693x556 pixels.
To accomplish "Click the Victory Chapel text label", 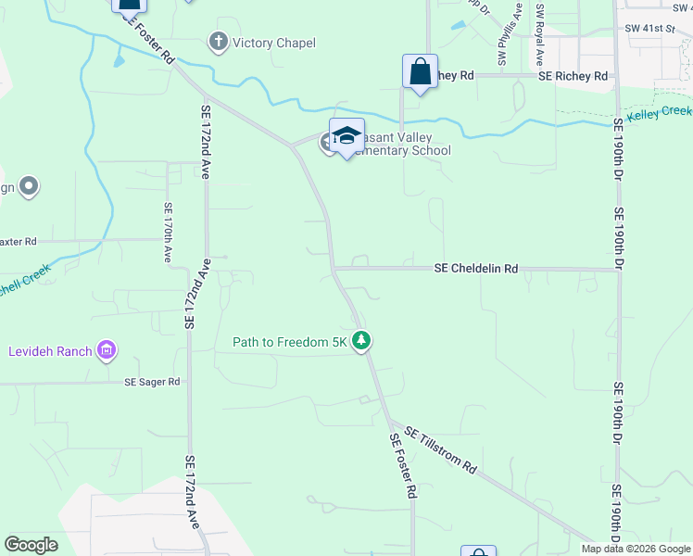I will [274, 44].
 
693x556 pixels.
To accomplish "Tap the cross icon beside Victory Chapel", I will [219, 43].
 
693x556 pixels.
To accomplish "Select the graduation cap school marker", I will [346, 136].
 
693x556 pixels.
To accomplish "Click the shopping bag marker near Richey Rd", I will [420, 72].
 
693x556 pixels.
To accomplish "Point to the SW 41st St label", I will [650, 30].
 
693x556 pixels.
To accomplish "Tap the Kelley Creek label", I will [659, 115].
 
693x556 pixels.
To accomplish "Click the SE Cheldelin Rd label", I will [476, 269].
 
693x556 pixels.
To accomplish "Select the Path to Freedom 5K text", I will [289, 342].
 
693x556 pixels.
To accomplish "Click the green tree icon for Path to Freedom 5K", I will [361, 342].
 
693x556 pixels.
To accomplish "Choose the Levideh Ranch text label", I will [50, 351].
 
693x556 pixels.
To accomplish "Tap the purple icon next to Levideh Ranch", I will [107, 350].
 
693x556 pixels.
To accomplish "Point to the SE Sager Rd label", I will [152, 382].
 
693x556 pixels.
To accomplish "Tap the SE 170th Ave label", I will [168, 233].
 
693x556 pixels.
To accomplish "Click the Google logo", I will [31, 545].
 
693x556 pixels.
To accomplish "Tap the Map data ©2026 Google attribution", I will [636, 549].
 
